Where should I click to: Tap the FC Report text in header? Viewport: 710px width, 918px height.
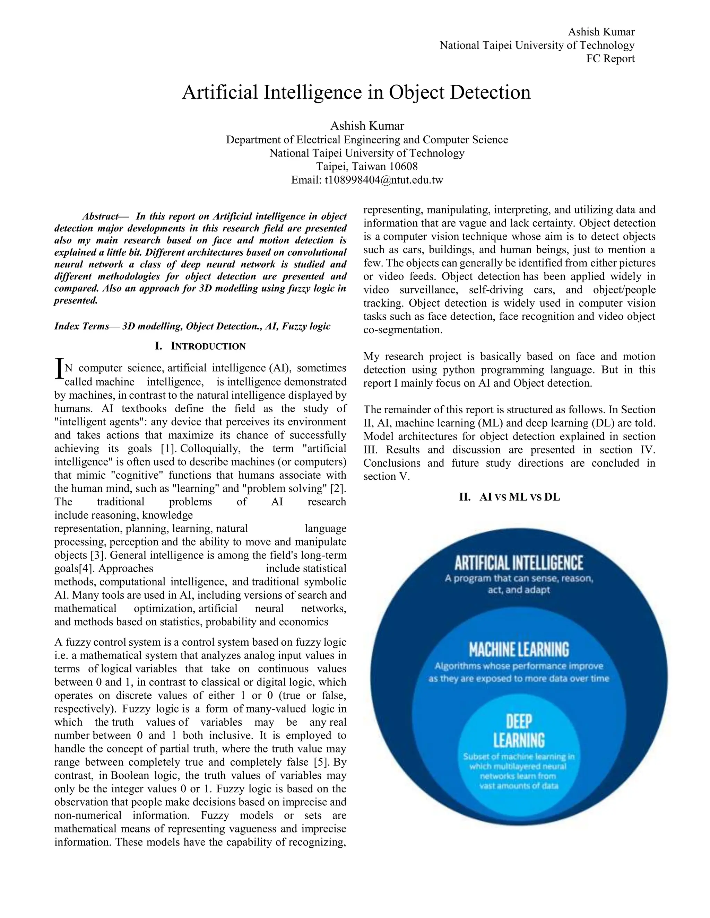pos(610,59)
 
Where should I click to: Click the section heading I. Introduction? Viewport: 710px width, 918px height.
pos(200,346)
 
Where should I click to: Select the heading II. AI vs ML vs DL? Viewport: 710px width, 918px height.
pos(509,497)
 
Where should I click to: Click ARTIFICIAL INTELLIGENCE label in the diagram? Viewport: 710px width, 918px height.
pos(519,563)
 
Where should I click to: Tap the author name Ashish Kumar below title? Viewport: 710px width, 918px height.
pos(367,126)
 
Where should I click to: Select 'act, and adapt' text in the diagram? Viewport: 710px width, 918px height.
pos(519,590)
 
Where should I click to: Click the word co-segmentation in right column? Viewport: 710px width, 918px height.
pos(402,330)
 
